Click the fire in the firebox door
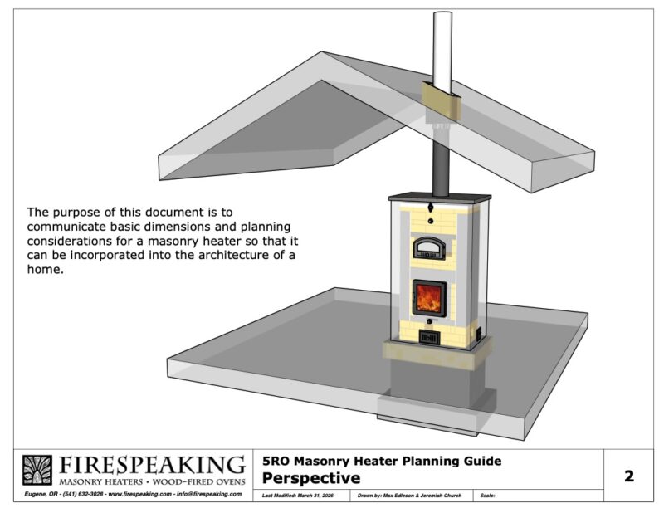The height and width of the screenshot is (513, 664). click(x=429, y=297)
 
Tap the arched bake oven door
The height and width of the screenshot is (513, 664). click(x=430, y=247)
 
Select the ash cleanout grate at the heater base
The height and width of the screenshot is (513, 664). click(x=428, y=338)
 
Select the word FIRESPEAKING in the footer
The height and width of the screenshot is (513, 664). click(x=151, y=465)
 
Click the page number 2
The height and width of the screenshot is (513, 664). click(x=628, y=476)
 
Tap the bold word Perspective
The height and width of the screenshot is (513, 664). click(x=310, y=478)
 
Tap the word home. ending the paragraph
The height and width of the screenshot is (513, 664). click(x=46, y=269)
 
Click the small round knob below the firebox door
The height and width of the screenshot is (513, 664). click(x=429, y=320)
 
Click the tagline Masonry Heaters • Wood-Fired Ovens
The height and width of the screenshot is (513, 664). click(x=151, y=481)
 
